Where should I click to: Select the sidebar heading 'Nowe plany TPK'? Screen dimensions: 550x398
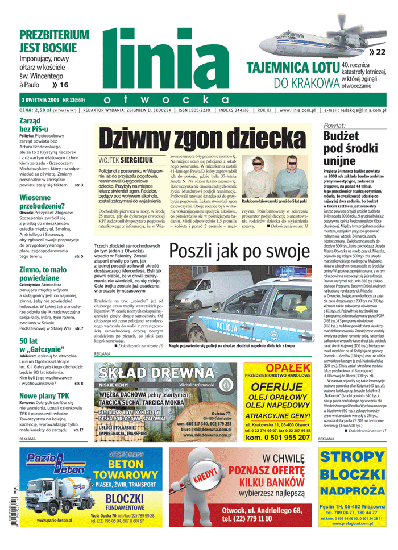(x=44, y=396)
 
